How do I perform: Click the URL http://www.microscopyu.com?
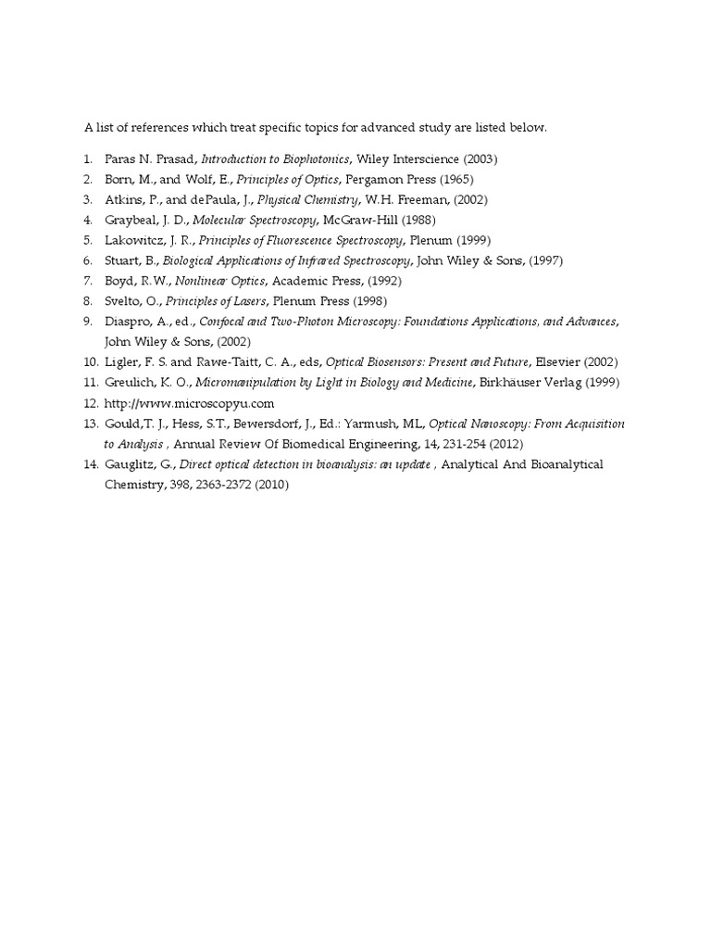pos(190,403)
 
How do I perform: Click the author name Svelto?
pos(124,301)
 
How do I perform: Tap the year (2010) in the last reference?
pos(269,485)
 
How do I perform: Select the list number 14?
pos(90,464)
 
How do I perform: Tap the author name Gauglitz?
pos(131,464)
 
